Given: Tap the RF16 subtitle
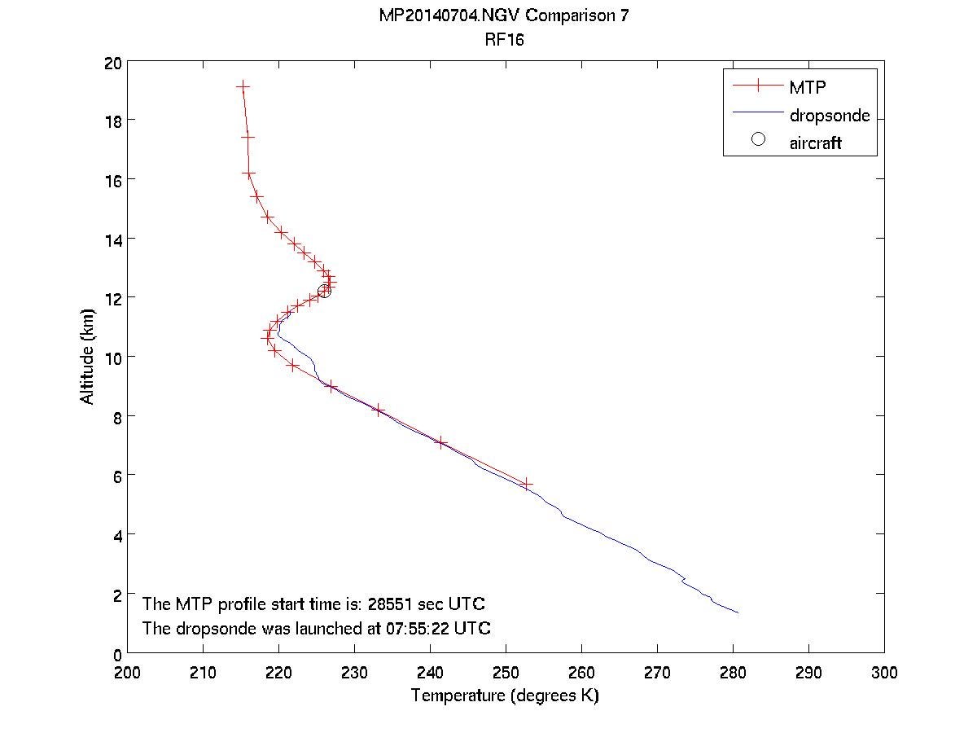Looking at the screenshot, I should [504, 40].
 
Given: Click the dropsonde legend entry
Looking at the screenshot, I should [829, 116].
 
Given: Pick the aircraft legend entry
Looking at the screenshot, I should [815, 143].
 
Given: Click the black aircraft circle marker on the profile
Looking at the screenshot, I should [324, 291].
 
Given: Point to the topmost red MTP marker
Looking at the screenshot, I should [242, 86].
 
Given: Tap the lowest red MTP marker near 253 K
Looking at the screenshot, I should [527, 484].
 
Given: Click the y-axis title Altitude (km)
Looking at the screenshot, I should [87, 357].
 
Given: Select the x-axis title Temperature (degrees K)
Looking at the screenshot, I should [505, 696].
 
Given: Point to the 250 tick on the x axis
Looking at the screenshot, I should [506, 674].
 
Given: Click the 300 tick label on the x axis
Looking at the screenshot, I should [884, 674].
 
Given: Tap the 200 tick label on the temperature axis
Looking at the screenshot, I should [128, 674].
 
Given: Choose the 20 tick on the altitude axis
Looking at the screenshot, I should [113, 62].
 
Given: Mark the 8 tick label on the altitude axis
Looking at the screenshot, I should [117, 416].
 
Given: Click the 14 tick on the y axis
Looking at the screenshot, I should [113, 239].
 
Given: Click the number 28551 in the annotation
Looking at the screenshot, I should [392, 604].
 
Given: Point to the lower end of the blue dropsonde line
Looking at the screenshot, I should [738, 612].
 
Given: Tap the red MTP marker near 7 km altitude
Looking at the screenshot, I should [441, 443].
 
